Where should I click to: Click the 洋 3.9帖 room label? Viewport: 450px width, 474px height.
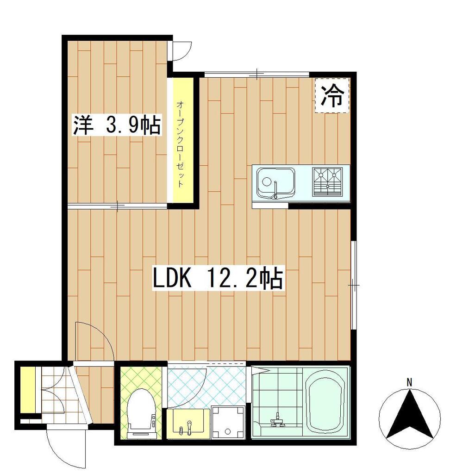coord(116,125)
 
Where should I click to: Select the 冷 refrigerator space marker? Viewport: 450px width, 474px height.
coord(332,95)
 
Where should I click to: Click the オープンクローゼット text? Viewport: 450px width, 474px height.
coord(180,144)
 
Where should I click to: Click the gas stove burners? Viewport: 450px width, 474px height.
coord(328,181)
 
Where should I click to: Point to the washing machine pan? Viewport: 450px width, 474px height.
coord(228,422)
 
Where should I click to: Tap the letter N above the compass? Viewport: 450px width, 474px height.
coord(409,382)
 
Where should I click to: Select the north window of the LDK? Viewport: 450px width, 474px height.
coord(257,74)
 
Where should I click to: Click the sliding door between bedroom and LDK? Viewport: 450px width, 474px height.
coord(117,206)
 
